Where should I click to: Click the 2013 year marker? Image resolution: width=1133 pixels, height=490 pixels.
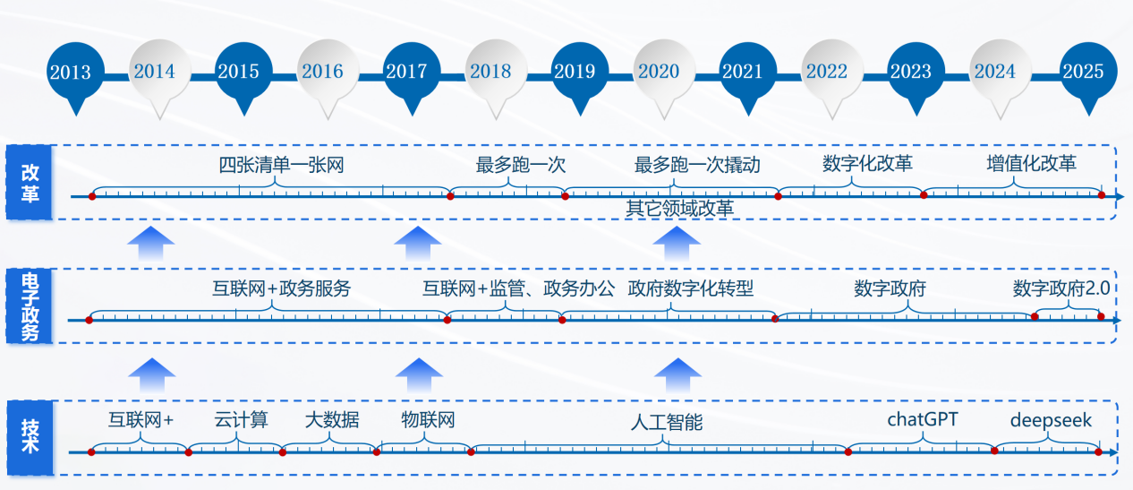point(76,73)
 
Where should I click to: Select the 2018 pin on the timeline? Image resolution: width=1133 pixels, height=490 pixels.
point(496,73)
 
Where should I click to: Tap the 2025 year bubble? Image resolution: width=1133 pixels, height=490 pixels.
point(1088,73)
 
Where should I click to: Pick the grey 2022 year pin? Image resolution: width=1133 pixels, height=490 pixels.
point(832,73)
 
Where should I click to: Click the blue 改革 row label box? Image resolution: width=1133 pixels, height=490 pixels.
point(29,182)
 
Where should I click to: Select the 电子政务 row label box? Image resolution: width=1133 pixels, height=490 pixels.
point(29,306)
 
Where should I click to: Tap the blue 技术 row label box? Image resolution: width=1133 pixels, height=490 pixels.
point(30,438)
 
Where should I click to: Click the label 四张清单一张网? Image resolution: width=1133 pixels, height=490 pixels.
point(281,165)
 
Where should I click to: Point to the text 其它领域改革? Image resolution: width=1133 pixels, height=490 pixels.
point(679,208)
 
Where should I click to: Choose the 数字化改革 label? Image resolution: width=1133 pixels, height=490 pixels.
point(867,164)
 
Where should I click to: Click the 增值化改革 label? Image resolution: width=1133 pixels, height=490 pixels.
point(1031,164)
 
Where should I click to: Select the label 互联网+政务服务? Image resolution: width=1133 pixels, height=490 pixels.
point(281,288)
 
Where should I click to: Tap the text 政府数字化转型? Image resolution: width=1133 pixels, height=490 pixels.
point(690,288)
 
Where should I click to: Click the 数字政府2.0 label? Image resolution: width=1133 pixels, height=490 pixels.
point(1061,288)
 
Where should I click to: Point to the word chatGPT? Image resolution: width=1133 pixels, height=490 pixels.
point(923,419)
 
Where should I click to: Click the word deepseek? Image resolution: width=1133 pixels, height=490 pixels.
point(1051,420)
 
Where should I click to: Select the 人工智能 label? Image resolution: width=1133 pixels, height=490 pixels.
point(667,422)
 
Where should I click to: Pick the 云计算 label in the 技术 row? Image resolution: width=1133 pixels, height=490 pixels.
point(241,419)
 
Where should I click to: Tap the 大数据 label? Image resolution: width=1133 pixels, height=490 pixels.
point(332,419)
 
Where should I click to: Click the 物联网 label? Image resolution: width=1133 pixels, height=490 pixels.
point(428,419)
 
